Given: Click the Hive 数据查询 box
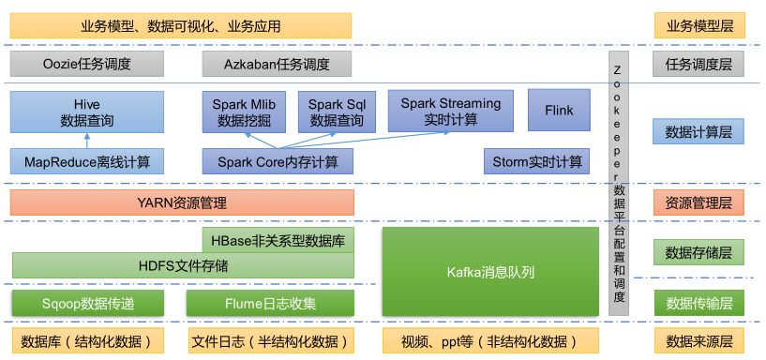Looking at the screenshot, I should pos(86,112).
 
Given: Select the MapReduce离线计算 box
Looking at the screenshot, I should pos(86,161).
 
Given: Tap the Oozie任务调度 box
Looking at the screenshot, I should pos(86,64).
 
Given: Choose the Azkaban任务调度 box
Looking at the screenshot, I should pos(277,64).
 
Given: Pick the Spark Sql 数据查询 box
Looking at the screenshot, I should pos(336,112).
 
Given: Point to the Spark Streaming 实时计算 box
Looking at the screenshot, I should pos(451,112).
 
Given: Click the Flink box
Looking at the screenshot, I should pos(559,110).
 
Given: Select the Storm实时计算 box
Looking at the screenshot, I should pos(537,161).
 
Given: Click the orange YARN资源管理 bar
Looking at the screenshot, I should pos(182,202).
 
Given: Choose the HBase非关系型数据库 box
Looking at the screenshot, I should pos(278,240).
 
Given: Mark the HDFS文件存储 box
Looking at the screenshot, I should pos(183,265).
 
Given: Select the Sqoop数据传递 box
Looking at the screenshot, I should pos(88,303).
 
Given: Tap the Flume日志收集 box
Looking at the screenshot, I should pos(270,303).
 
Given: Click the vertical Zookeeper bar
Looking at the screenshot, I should pos(618,178).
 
